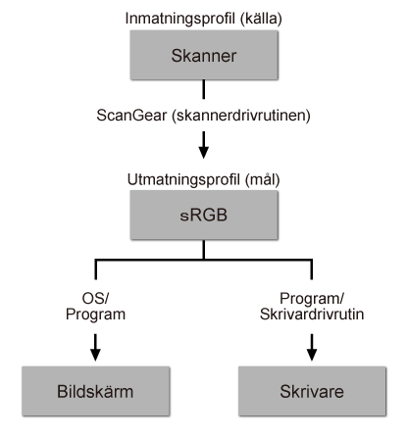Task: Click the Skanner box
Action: pyautogui.click(x=202, y=58)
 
